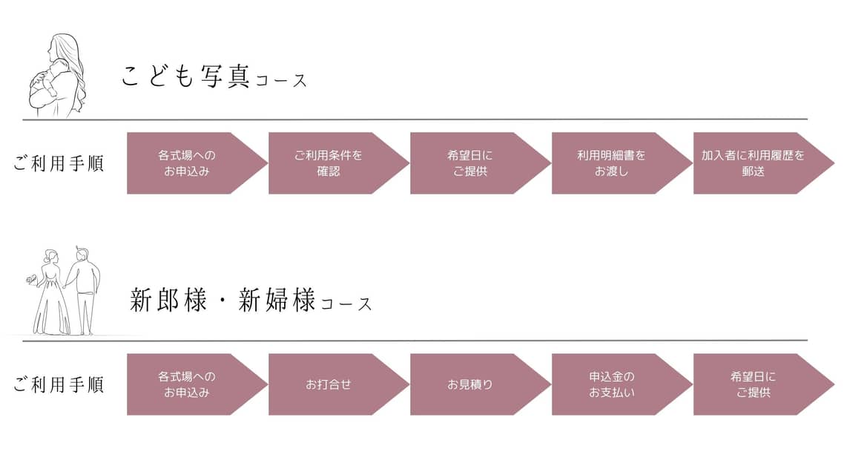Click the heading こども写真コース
[214, 76]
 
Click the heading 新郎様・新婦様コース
[251, 300]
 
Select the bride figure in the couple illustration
[50, 292]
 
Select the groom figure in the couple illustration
[84, 291]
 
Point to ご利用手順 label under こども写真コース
[59, 163]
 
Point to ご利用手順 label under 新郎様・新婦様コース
[59, 384]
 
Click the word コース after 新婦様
[346, 304]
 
